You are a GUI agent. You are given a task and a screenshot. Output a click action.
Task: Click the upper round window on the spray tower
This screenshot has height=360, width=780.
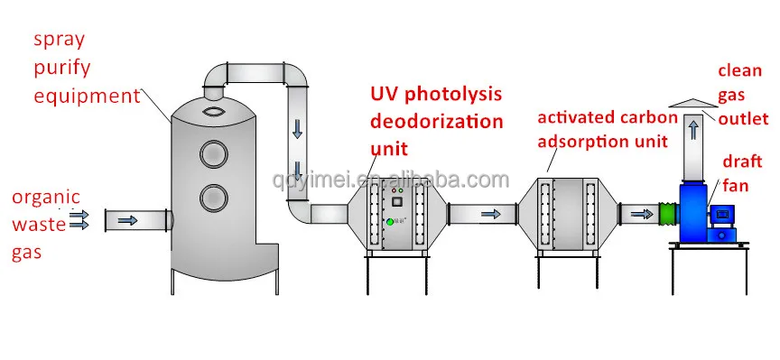tap(214, 153)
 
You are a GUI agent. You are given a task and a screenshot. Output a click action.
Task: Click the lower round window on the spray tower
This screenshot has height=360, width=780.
tap(214, 198)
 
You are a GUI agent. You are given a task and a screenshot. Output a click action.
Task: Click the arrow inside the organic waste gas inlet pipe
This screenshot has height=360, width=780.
tap(127, 220)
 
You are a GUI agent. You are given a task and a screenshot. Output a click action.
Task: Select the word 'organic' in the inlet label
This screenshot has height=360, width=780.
tap(46, 198)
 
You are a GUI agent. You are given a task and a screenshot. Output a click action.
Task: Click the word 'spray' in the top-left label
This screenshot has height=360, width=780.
tap(60, 41)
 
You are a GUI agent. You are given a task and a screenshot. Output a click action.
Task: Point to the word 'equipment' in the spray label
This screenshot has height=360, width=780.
tap(87, 97)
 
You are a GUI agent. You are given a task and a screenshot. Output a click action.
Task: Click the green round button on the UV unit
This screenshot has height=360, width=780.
tap(390, 222)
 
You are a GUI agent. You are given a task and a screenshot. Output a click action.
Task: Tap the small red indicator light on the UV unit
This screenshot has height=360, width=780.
tap(394, 190)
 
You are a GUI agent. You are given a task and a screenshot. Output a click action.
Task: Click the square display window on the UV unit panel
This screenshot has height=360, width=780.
tap(397, 201)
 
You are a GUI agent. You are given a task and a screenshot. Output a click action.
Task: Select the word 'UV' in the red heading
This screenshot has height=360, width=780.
tap(385, 94)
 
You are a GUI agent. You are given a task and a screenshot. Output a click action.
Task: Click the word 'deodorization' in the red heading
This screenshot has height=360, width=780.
tap(437, 121)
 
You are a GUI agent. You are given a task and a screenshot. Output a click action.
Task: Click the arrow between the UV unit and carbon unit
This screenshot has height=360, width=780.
tap(490, 214)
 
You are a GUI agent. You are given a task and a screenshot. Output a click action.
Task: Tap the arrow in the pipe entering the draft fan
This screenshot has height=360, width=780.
tap(641, 214)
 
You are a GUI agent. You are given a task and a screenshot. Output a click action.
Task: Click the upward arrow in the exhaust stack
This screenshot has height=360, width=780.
tap(694, 131)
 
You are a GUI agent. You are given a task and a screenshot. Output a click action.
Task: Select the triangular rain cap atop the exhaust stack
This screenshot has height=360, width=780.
tap(693, 103)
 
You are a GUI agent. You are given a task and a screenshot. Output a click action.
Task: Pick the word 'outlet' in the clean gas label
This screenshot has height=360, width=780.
tap(743, 119)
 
